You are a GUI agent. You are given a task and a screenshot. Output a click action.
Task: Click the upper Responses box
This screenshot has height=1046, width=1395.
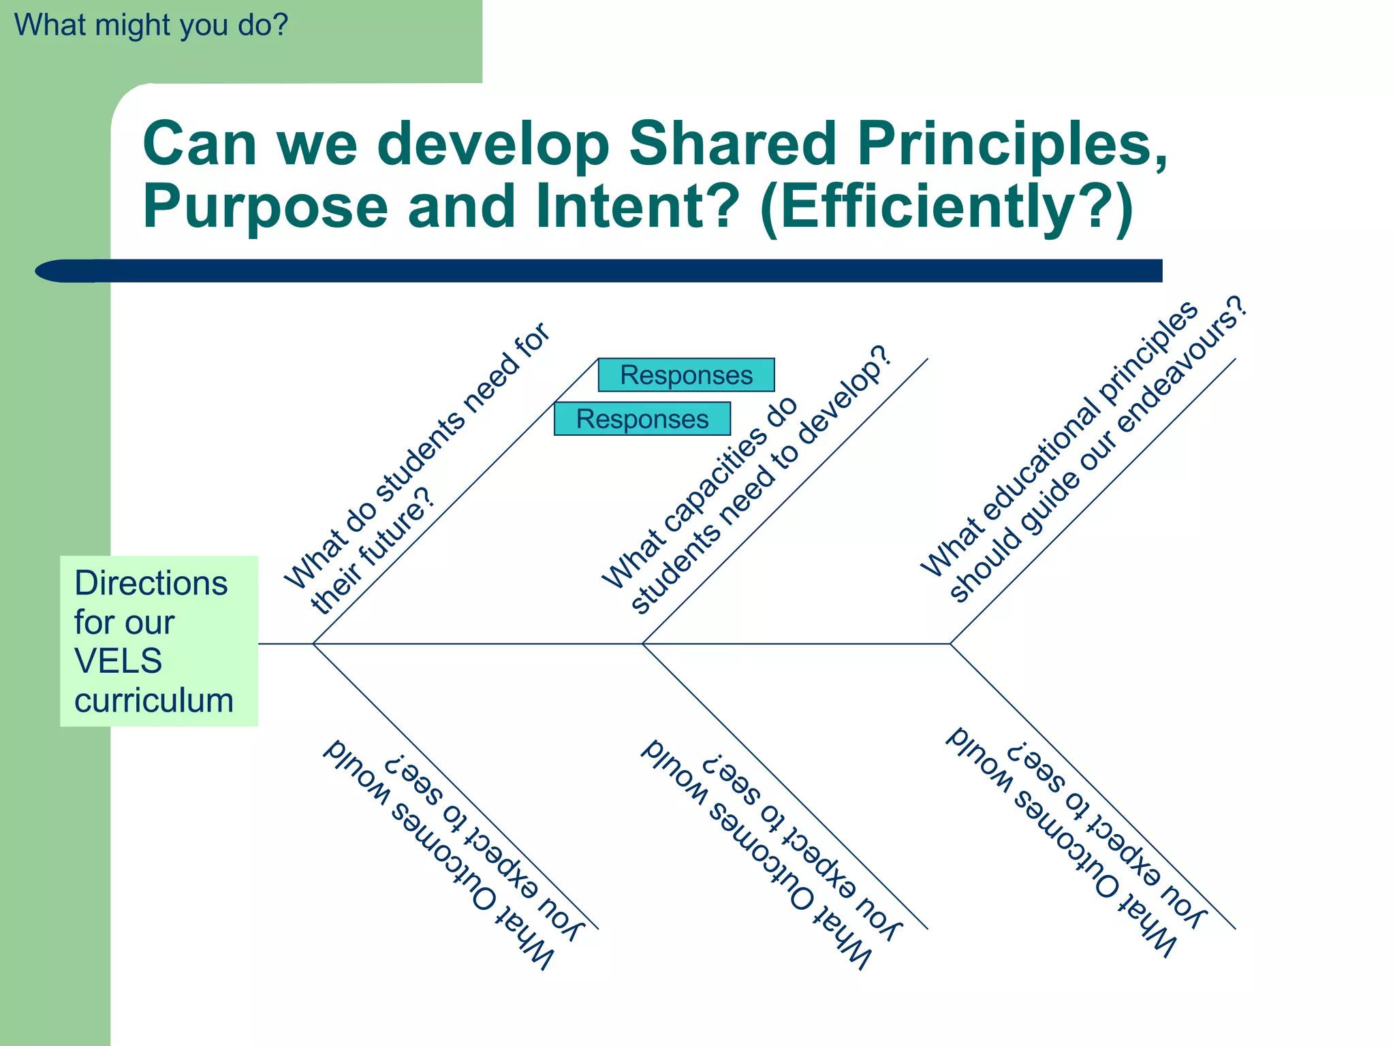[x=686, y=375]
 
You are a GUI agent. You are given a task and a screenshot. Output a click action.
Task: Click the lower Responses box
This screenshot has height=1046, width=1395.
[x=642, y=419]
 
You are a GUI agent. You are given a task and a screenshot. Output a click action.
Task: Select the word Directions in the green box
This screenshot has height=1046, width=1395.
[x=151, y=584]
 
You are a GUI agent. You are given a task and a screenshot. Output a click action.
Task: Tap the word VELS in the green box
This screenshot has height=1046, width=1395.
[x=118, y=661]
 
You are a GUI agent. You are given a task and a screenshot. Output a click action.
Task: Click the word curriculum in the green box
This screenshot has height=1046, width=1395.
[x=154, y=701]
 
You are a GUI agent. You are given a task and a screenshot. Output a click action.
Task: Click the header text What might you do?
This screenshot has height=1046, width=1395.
[x=151, y=25]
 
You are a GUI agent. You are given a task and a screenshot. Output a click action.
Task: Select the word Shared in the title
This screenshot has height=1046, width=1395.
[x=732, y=144]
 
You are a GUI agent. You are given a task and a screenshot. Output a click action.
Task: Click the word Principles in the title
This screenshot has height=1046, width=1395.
[x=1011, y=144]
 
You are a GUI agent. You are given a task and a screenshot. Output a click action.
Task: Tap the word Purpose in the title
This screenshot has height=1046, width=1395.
[x=264, y=207]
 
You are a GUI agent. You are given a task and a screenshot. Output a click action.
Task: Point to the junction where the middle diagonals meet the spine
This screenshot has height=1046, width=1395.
[x=642, y=644]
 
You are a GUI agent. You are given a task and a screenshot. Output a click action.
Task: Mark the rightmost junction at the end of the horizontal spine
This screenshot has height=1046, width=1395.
[x=950, y=644]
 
